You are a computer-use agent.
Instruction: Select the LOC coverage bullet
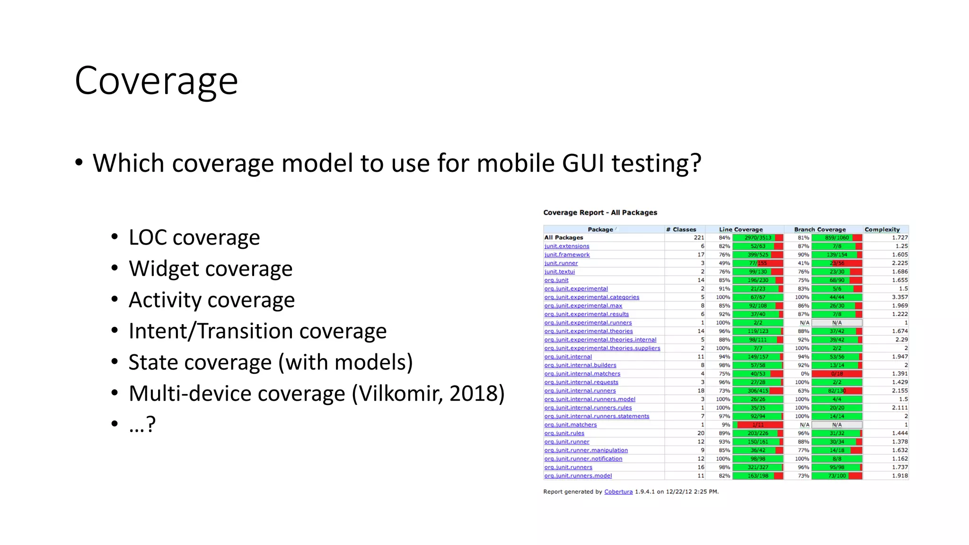tap(194, 237)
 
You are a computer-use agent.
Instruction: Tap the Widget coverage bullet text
tap(211, 269)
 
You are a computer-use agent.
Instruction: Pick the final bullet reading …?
tap(142, 424)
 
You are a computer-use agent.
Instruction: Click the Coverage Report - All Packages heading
tap(600, 213)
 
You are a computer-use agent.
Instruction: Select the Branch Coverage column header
tap(819, 229)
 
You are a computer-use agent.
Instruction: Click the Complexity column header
tap(882, 229)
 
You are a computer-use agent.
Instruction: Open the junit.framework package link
tap(567, 255)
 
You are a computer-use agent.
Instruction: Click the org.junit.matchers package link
tap(570, 425)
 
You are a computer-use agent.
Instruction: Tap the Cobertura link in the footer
tap(618, 492)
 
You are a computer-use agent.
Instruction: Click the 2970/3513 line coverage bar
tap(758, 238)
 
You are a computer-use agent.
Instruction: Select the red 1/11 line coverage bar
tap(758, 425)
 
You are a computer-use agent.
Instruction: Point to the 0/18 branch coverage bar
tap(837, 374)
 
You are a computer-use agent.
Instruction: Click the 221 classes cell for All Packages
tap(698, 238)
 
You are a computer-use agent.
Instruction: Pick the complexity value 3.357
tap(899, 297)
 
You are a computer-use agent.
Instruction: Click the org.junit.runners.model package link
tap(578, 476)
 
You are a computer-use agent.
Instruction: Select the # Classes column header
tap(681, 229)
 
